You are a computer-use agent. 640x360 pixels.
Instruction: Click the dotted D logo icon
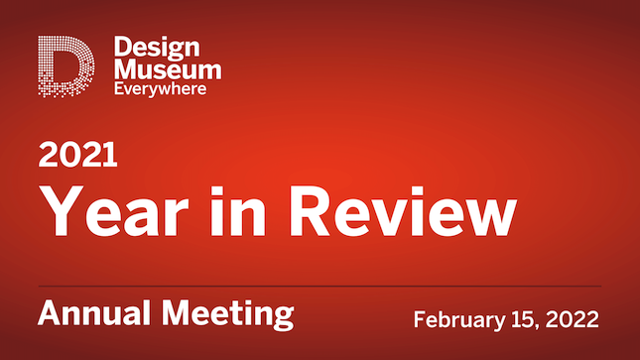click(66, 67)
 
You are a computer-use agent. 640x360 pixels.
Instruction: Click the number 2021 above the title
click(78, 155)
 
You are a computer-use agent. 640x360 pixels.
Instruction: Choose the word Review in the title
click(394, 209)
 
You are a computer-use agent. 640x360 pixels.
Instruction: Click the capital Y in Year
click(61, 209)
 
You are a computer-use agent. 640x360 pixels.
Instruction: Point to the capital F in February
click(420, 319)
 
